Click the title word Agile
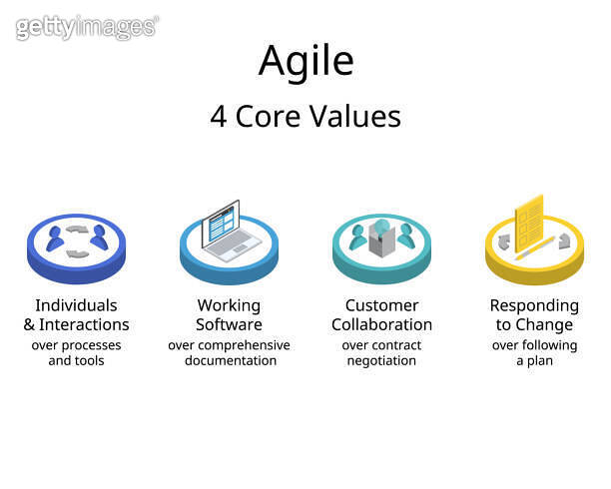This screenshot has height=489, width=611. [x=305, y=61]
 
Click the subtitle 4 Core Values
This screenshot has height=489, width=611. [x=305, y=117]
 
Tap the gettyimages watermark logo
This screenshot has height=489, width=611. [x=87, y=27]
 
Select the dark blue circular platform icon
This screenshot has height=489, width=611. [x=76, y=249]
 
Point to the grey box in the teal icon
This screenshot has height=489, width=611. [x=381, y=239]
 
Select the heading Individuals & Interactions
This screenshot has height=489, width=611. [x=76, y=314]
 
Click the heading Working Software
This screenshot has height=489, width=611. [x=229, y=314]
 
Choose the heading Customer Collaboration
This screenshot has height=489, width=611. [x=381, y=314]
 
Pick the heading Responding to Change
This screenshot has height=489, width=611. [x=534, y=314]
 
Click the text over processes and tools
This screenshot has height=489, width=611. [x=76, y=352]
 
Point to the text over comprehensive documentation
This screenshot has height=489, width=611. [x=229, y=352]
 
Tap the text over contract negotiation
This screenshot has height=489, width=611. [x=381, y=352]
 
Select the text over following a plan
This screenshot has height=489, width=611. [x=534, y=352]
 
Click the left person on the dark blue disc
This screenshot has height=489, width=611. [x=56, y=238]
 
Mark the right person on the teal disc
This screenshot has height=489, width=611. [x=405, y=238]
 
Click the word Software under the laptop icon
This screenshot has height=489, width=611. [x=229, y=324]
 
